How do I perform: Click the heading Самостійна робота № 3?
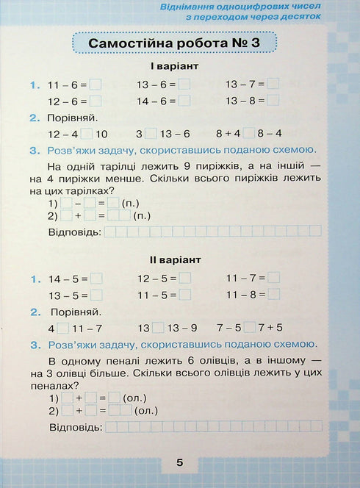coord(174,44)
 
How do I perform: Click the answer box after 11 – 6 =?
coord(96,85)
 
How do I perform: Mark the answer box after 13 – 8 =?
coord(273,102)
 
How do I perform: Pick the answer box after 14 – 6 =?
coord(184,102)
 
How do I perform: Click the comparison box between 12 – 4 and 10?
coord(87,134)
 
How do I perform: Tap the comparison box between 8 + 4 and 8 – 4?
coord(249,134)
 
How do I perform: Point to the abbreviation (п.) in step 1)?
coord(130,203)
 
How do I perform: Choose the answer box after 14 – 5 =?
coord(96,278)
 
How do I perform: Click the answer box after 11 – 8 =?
coord(273,295)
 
